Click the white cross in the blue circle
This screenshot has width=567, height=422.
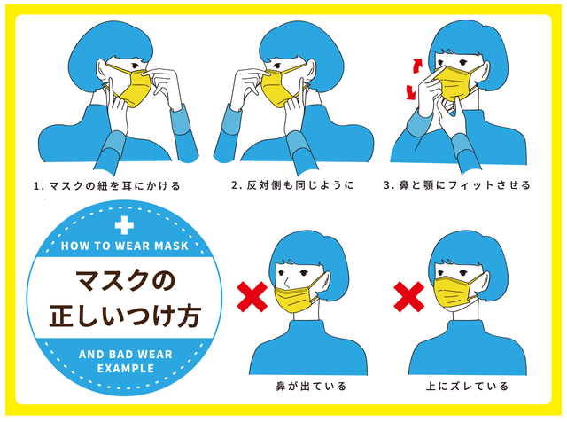[x=124, y=225]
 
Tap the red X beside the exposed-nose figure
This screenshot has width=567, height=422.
[x=252, y=297]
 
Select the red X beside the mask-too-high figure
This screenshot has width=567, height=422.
[x=409, y=297]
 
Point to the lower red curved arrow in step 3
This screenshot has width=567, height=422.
[x=411, y=91]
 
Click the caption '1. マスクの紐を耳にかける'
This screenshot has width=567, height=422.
[x=107, y=186]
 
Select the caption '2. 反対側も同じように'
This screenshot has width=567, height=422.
[x=292, y=185]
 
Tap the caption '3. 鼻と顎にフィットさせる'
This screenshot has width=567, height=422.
[x=457, y=185]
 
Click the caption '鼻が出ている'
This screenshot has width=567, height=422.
[x=311, y=387]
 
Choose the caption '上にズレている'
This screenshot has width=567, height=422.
[x=467, y=387]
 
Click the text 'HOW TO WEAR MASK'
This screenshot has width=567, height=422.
[x=125, y=246]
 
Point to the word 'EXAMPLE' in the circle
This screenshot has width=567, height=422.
[x=126, y=369]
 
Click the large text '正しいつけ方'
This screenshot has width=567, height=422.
[x=125, y=316]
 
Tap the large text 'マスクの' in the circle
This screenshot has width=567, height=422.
[x=125, y=281]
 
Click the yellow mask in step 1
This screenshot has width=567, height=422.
[x=134, y=87]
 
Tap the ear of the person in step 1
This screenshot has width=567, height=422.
[x=102, y=71]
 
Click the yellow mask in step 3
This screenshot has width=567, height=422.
[x=456, y=83]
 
